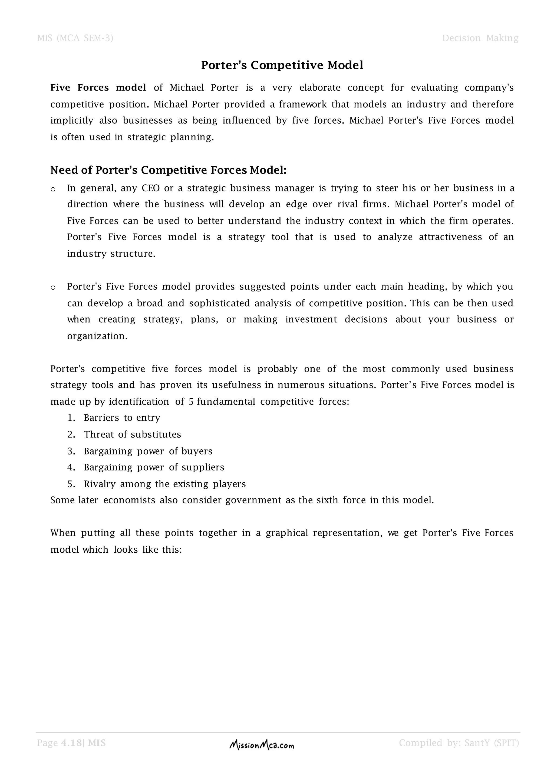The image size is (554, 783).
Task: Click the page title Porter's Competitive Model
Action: pos(282,65)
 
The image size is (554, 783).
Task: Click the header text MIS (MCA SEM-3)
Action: pos(75,38)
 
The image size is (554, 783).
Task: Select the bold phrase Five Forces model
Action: pos(98,88)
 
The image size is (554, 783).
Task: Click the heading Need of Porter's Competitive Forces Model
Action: pos(168,170)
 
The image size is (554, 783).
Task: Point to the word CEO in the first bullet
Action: pos(150,188)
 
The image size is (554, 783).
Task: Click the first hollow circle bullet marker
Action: pos(53,189)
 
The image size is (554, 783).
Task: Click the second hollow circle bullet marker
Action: pos(53,287)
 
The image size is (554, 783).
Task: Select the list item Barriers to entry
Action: pos(122,418)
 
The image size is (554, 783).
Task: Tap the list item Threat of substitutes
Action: pos(132,434)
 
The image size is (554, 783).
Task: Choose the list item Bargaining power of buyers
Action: pos(148,451)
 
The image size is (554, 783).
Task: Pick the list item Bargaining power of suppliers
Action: pos(154,467)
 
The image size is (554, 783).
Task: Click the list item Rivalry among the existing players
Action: pos(164,484)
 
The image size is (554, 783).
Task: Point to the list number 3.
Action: pos(71,451)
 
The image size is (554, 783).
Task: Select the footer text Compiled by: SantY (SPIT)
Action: pos(459,743)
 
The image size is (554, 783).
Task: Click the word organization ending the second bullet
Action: pos(97,336)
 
